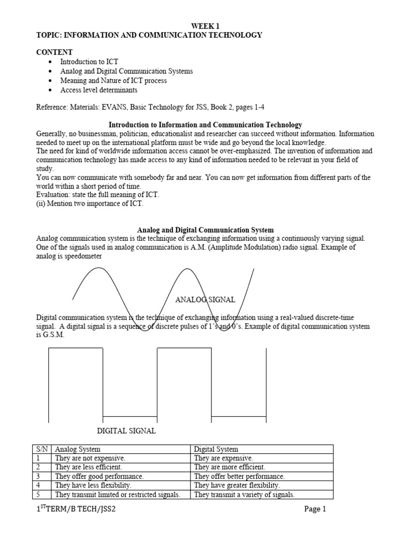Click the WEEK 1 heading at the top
click(205, 26)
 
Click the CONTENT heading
click(54, 52)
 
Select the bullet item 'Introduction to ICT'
click(89, 62)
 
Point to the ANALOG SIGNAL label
click(205, 300)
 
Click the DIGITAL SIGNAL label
click(126, 431)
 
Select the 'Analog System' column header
click(78, 450)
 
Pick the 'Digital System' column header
click(216, 450)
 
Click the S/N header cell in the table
click(41, 450)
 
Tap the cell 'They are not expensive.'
click(90, 459)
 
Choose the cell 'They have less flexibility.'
click(93, 485)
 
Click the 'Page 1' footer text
click(315, 509)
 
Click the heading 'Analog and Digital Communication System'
click(205, 230)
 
